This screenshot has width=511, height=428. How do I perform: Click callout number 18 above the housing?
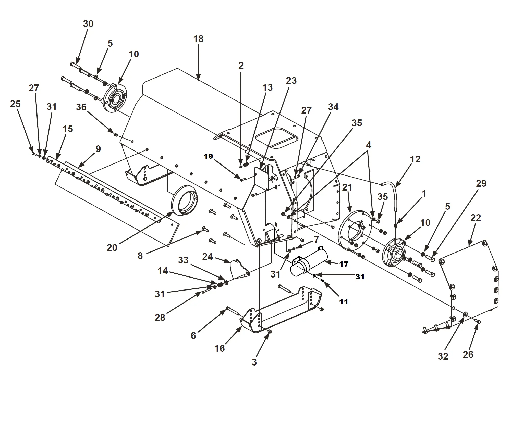(198, 39)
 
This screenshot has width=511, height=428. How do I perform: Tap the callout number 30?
(88, 24)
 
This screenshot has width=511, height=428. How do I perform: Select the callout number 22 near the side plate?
(475, 218)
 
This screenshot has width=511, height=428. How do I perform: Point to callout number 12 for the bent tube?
(415, 159)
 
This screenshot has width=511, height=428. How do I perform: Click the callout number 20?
(112, 248)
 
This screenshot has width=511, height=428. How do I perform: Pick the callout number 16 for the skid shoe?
(220, 348)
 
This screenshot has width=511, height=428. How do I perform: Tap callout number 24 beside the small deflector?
(207, 257)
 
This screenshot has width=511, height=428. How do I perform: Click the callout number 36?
(81, 107)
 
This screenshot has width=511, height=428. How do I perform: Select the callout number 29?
(481, 183)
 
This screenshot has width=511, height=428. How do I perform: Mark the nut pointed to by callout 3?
(270, 331)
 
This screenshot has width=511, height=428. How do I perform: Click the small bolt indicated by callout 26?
(478, 322)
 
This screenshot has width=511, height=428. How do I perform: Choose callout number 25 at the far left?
(15, 104)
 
